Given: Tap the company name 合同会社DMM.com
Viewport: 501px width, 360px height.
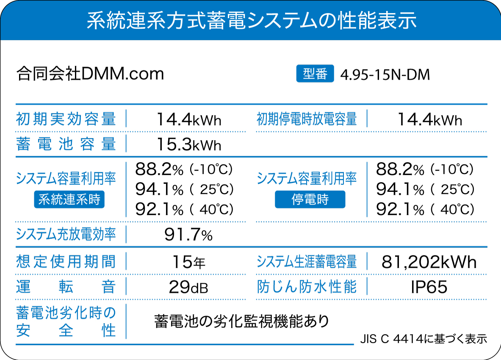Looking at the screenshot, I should click(90, 74).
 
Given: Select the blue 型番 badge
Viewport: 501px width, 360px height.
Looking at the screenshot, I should click(315, 74).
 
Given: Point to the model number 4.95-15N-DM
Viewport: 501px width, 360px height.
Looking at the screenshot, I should click(385, 75).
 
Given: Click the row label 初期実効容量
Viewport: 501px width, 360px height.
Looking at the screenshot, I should click(66, 119).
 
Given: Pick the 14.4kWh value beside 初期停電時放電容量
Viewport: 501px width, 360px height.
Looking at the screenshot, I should click(429, 120).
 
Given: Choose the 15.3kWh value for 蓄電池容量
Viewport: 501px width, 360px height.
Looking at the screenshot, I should click(189, 144).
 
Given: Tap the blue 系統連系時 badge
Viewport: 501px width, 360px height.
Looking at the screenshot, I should click(69, 199).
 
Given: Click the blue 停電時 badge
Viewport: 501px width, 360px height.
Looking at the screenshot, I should click(310, 199).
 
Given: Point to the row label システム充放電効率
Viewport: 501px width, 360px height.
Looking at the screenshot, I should click(66, 234).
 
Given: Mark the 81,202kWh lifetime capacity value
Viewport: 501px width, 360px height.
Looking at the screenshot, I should click(429, 262).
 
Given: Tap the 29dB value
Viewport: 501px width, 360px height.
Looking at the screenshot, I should click(188, 287).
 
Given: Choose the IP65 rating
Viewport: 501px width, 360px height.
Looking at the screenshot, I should click(429, 287).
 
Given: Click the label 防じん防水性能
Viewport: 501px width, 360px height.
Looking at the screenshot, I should click(307, 287).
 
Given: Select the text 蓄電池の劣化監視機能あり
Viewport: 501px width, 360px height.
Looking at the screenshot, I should click(242, 321).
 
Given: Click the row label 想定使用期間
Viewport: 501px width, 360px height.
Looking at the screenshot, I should click(66, 261).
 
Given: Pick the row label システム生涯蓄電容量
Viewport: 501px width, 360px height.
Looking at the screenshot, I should click(307, 262).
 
